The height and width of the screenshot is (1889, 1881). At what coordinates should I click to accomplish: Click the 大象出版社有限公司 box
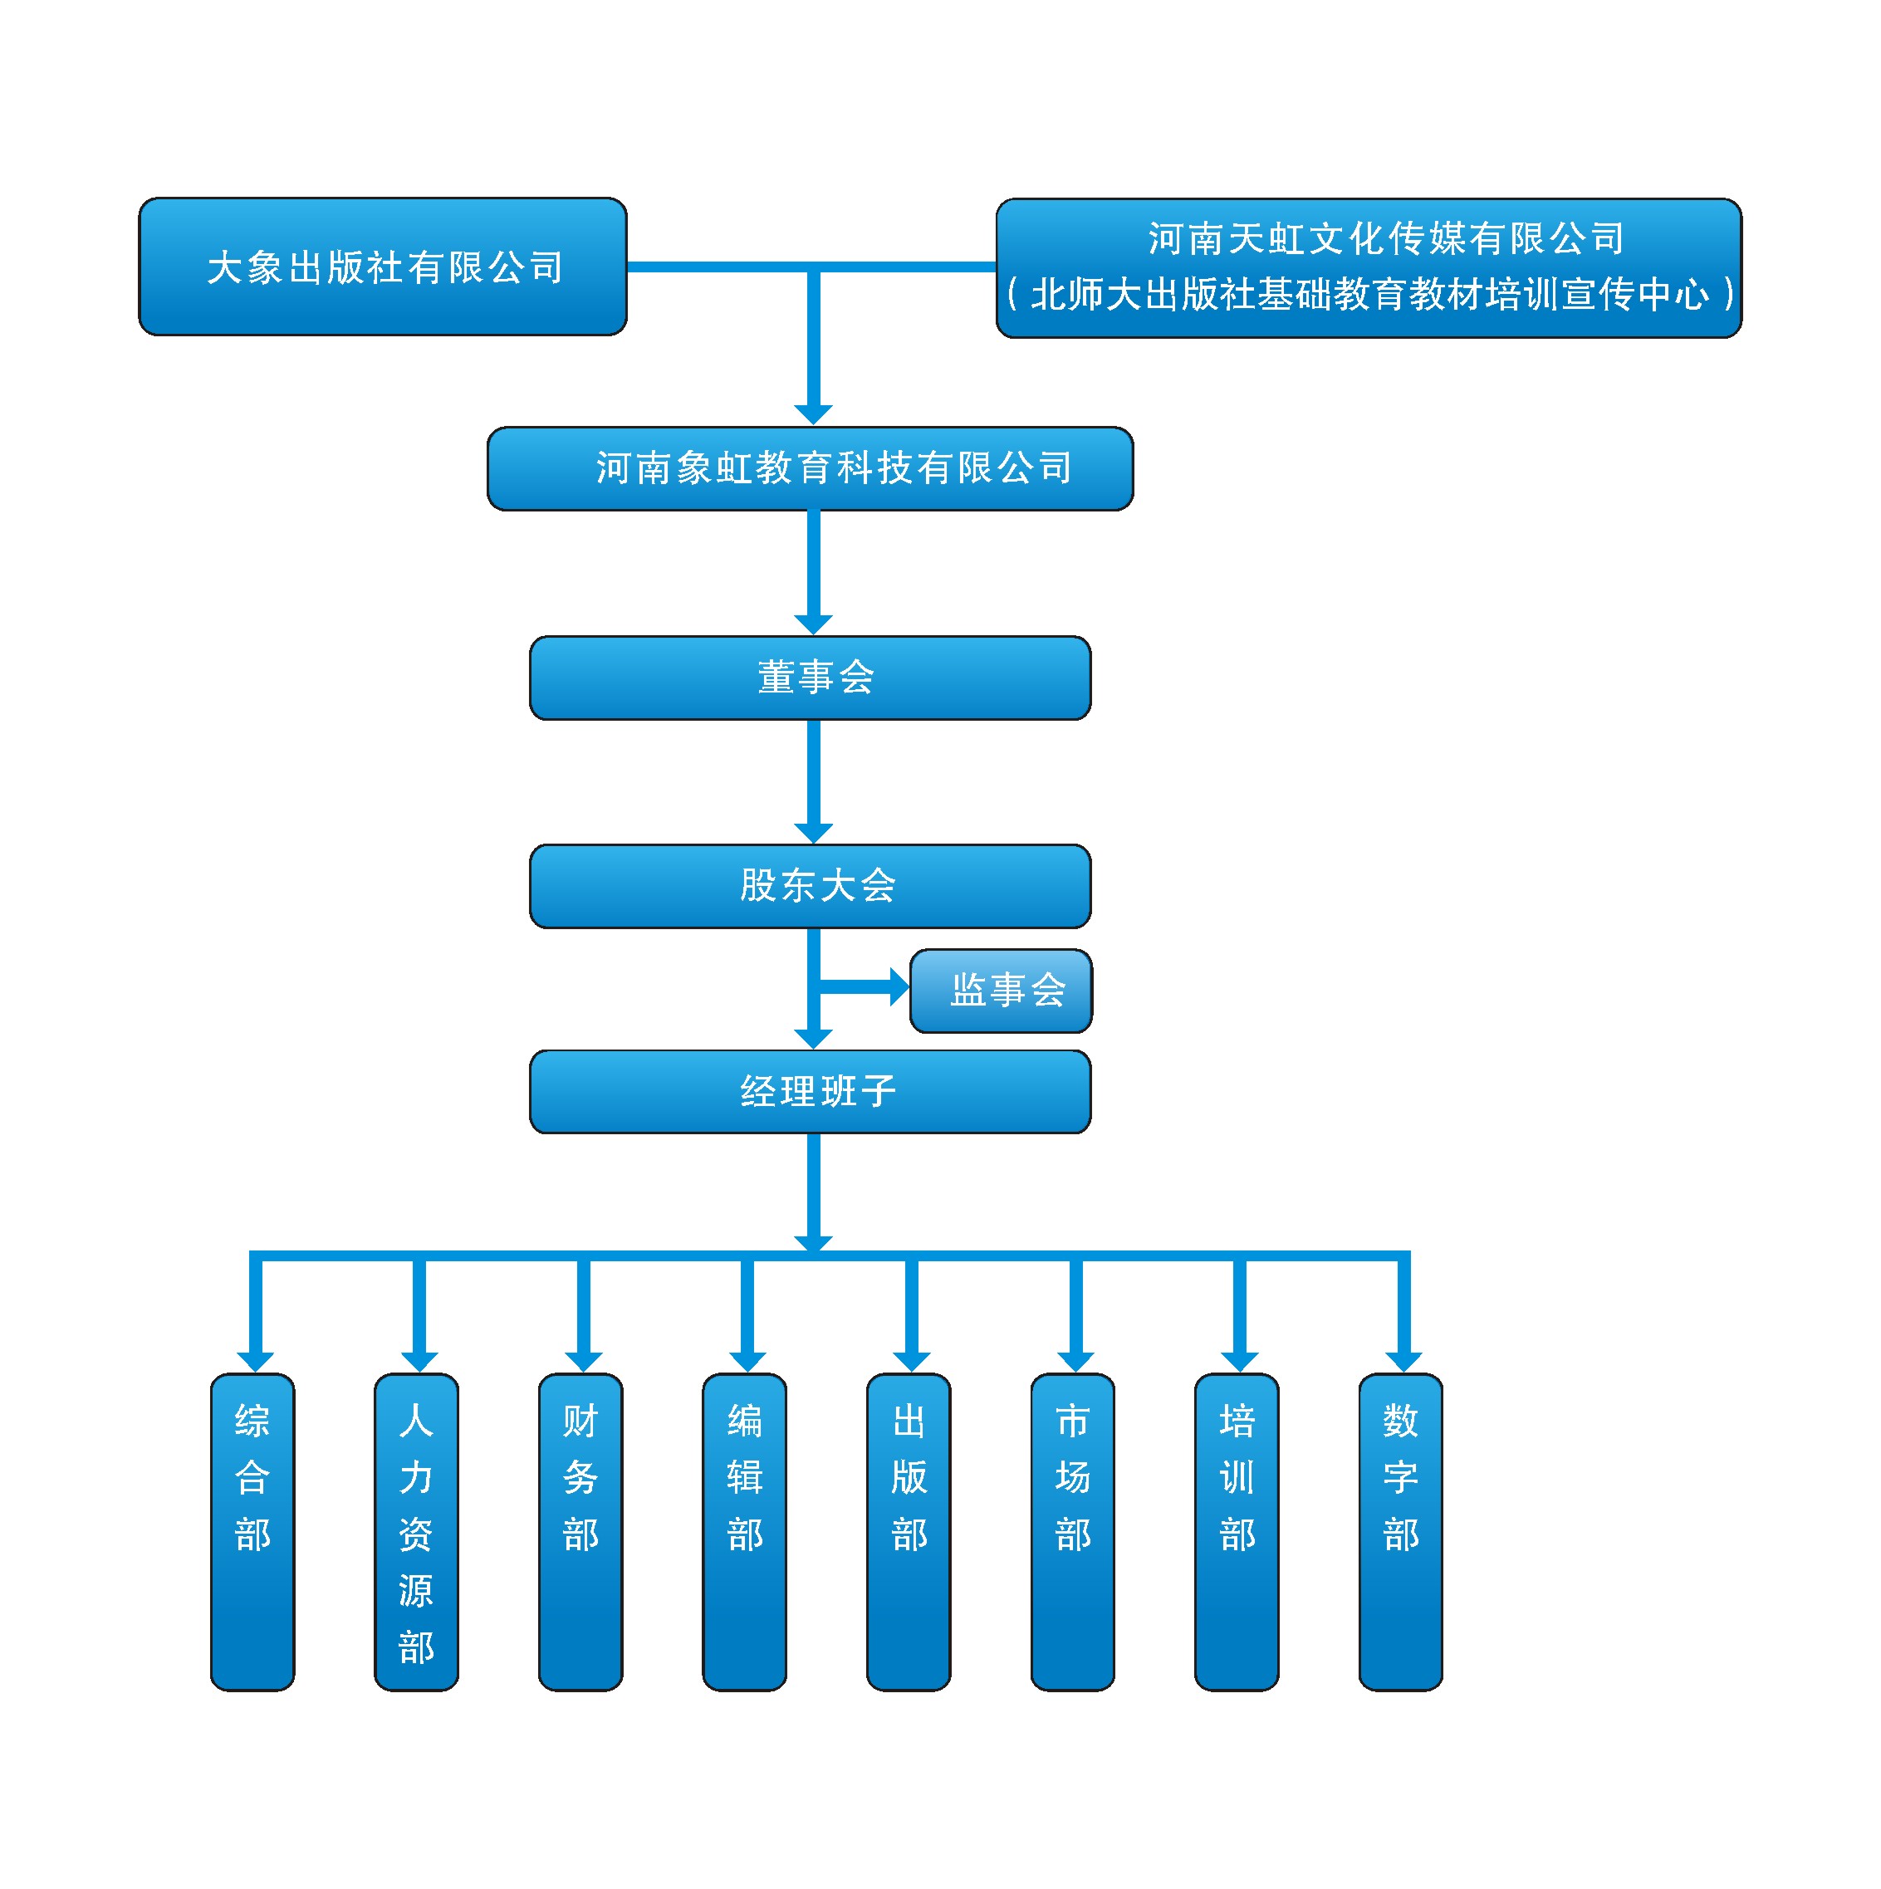coord(382,267)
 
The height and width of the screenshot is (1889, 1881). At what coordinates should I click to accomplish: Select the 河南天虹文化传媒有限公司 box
coord(1368,268)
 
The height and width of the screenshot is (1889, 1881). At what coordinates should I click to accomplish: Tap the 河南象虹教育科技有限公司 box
coord(810,468)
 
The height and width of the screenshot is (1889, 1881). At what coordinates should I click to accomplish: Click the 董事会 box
coord(810,678)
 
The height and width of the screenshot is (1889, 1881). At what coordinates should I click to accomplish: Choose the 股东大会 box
coord(810,886)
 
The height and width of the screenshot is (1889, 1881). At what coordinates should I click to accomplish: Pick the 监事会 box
coord(1000,991)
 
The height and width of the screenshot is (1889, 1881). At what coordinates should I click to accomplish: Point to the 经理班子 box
coord(810,1091)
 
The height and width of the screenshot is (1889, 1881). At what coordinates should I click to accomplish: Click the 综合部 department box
coord(252,1531)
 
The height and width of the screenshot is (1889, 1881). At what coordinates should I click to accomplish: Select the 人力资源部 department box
coord(417,1531)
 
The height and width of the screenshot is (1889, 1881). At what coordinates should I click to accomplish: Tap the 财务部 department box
coord(580,1531)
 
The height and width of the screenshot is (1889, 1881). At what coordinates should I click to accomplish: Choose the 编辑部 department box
coord(744,1531)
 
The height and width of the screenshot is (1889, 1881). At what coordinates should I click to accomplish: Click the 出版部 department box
coord(909,1531)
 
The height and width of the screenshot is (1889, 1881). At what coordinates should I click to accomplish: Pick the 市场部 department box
coord(1072,1531)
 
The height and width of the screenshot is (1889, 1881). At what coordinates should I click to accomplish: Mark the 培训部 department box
coord(1237,1531)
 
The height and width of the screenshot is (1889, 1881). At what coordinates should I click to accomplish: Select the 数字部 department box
coord(1400,1531)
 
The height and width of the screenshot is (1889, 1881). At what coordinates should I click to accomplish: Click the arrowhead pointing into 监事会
coord(899,986)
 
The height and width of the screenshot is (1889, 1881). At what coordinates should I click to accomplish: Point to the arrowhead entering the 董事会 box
coord(813,624)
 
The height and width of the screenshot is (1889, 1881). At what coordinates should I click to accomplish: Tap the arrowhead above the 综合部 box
coord(255,1361)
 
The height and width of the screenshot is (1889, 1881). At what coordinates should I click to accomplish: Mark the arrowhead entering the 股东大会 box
coord(813,832)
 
